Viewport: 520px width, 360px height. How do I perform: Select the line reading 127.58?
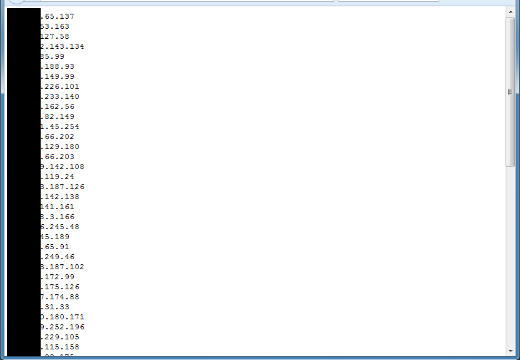pos(54,36)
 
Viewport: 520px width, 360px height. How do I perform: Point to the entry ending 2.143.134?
pos(62,46)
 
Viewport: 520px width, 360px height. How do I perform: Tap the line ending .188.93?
pos(57,66)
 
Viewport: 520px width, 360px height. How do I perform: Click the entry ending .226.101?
pos(59,86)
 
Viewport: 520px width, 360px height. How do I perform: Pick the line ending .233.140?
pos(59,96)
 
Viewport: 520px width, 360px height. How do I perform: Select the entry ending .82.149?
pos(57,116)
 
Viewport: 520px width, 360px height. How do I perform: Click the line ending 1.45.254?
pos(59,126)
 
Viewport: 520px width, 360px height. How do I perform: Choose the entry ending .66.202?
pos(57,136)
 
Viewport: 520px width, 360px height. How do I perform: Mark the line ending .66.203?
pos(57,157)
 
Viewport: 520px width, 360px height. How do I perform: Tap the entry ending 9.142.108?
pos(62,167)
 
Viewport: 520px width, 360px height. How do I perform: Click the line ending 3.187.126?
pos(62,187)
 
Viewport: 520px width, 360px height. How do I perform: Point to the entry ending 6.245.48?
pos(59,227)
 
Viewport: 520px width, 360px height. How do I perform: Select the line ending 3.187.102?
pos(62,267)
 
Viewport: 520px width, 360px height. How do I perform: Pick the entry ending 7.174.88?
pos(59,297)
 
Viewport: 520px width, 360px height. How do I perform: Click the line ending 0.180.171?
pos(62,317)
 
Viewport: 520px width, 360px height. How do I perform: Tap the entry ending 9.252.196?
pos(62,327)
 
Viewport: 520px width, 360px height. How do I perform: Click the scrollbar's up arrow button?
pos(510,13)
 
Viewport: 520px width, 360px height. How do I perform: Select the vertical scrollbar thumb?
pos(510,92)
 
